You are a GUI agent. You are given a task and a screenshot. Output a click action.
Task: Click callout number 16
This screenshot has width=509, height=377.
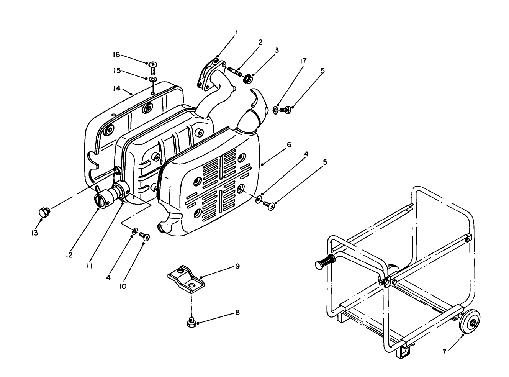pos(116,55)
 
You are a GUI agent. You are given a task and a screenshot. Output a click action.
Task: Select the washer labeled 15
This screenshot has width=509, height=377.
pos(152,79)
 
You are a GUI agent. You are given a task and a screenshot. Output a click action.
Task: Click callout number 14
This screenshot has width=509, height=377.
pos(116,89)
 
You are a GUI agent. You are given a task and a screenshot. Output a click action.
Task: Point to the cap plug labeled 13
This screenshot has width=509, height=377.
pos(43,211)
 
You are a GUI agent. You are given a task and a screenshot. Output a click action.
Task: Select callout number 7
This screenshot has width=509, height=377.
pos(444,352)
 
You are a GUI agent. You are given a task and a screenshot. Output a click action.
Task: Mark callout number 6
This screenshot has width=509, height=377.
pos(289,144)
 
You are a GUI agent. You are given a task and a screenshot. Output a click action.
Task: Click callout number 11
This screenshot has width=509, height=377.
pos(88,266)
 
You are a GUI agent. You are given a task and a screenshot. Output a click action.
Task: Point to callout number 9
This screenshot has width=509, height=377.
pos(237,266)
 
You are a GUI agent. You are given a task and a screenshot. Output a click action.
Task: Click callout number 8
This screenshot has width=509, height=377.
pos(237,313)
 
